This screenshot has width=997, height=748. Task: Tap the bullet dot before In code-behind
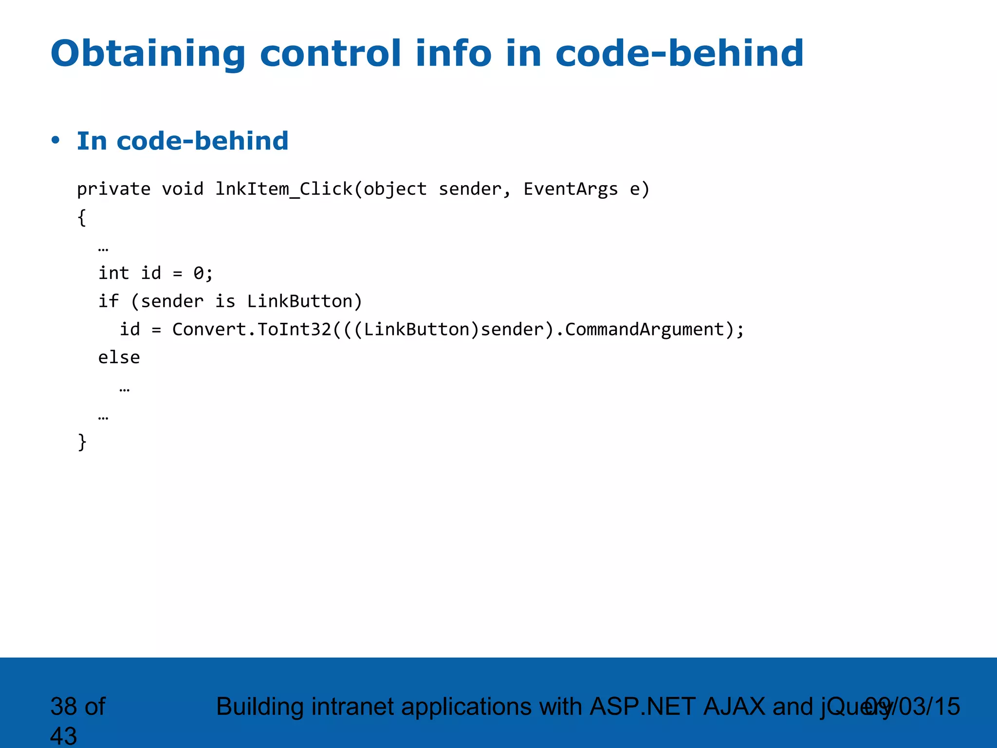55,140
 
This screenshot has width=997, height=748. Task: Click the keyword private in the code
113,189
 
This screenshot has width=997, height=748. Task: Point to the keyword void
183,189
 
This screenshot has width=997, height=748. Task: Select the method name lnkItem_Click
284,189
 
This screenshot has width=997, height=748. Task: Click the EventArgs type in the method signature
570,189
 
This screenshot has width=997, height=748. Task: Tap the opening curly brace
82,217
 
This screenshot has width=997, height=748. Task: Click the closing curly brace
82,442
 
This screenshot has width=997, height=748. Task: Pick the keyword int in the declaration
113,273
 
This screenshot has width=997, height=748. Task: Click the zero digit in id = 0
199,273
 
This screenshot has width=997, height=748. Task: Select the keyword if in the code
108,301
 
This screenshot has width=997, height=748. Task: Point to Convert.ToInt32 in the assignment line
252,330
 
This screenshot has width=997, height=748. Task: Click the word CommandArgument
645,330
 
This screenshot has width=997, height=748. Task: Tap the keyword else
119,358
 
